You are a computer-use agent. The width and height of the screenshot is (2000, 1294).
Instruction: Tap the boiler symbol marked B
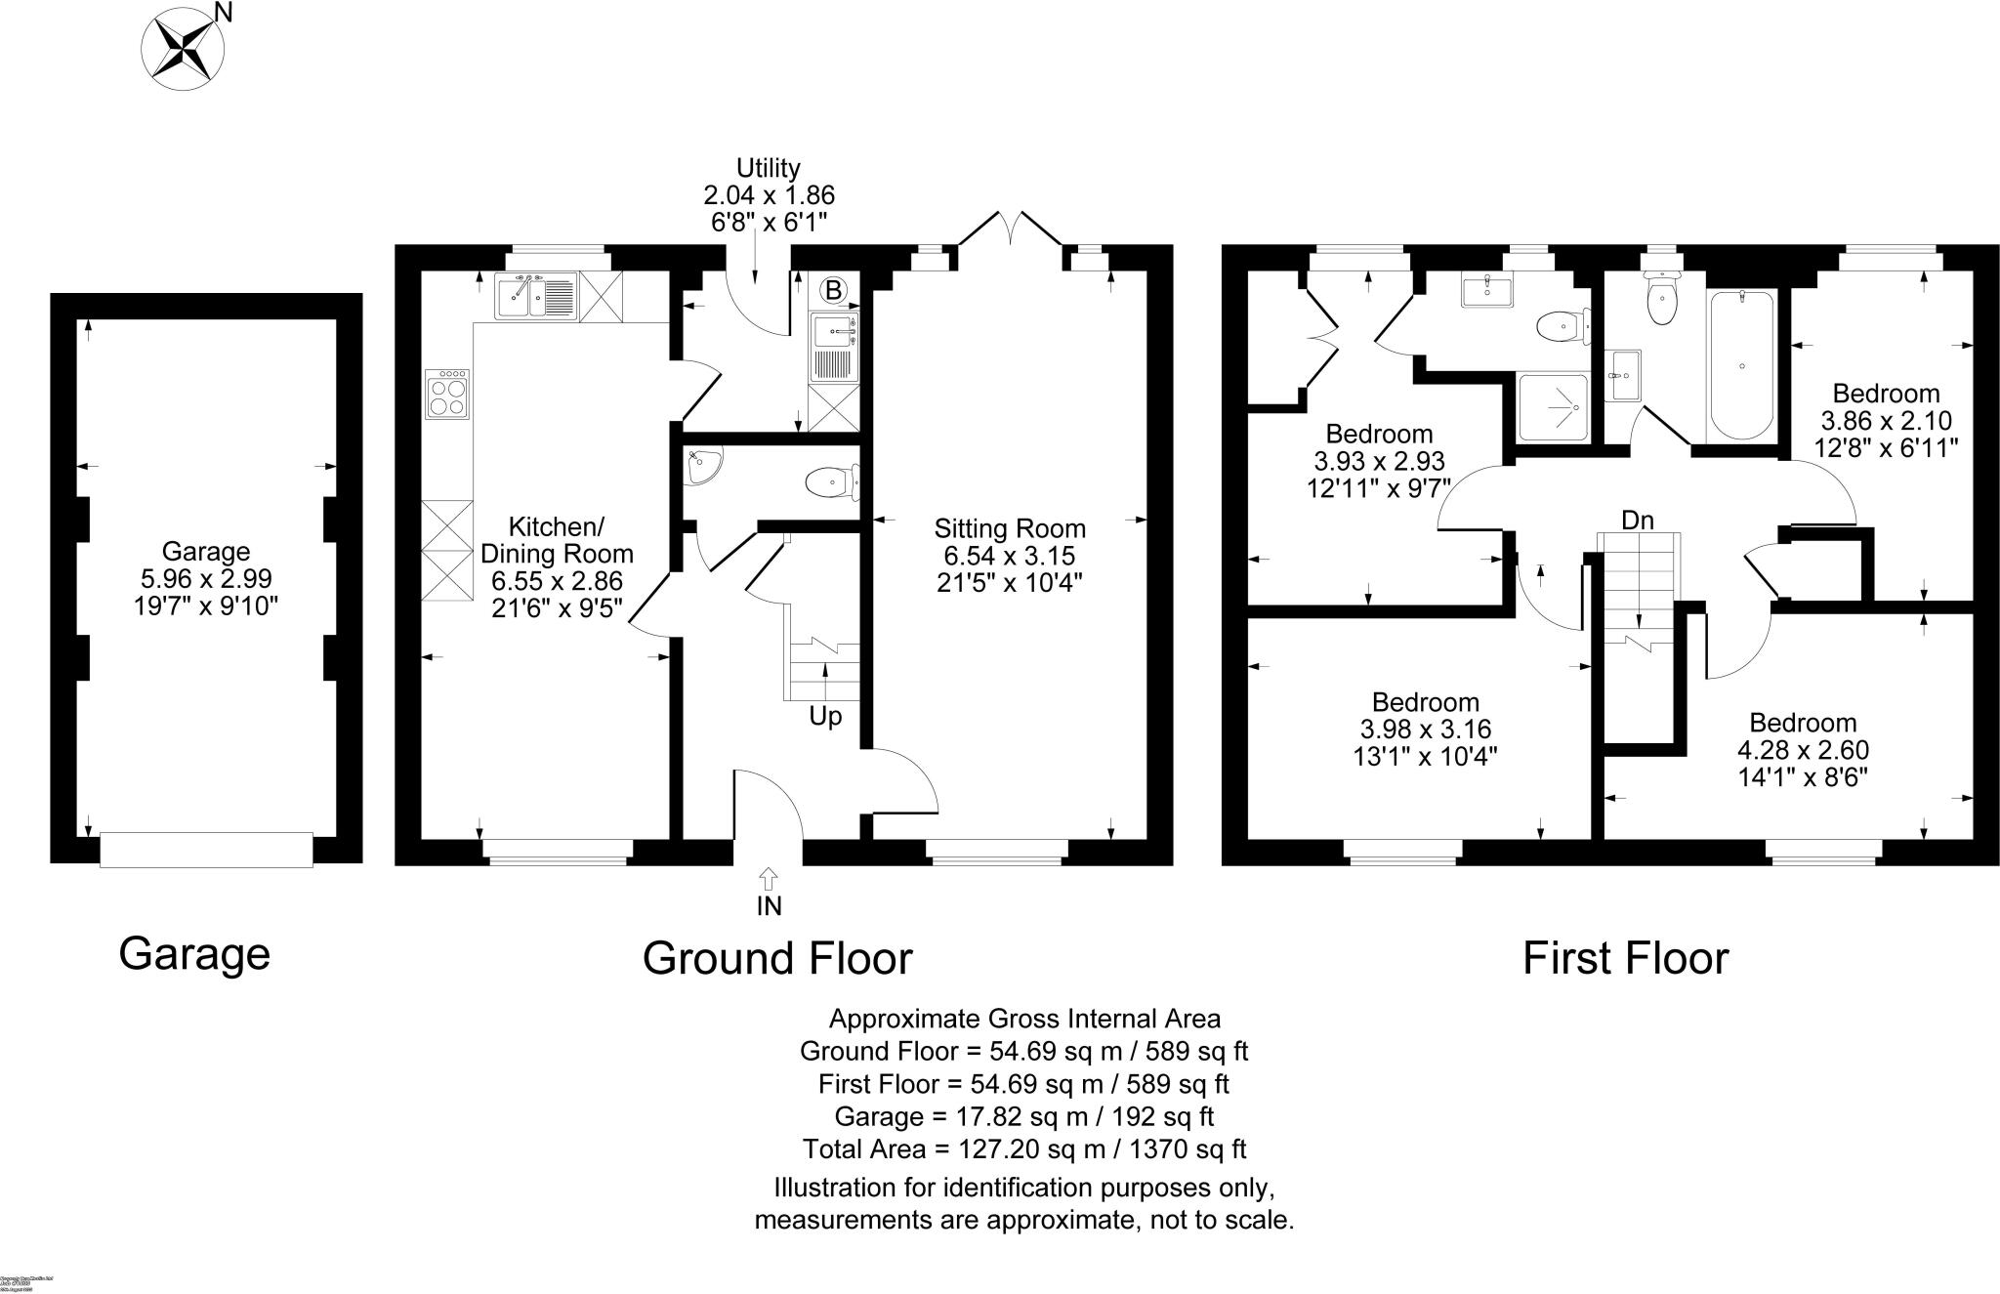(833, 290)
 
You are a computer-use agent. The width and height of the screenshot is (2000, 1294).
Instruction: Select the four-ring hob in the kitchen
(448, 395)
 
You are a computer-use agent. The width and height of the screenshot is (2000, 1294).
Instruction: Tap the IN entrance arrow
(769, 878)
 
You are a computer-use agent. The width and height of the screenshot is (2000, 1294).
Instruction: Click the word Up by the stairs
(825, 717)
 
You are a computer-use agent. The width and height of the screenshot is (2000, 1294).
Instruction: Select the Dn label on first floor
(1638, 520)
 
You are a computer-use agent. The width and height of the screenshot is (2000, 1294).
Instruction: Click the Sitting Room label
(1010, 529)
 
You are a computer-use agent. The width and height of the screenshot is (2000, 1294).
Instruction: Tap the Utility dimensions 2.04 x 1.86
(769, 195)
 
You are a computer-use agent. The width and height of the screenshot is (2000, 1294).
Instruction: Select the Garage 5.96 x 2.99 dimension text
(206, 579)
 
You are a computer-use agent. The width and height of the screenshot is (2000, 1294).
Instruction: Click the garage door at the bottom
(206, 849)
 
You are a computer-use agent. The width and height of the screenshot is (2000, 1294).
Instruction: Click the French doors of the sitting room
(1010, 231)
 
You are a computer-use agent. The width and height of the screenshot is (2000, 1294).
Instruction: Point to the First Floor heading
(1625, 958)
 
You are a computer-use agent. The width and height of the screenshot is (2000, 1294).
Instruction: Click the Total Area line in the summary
(1024, 1148)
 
